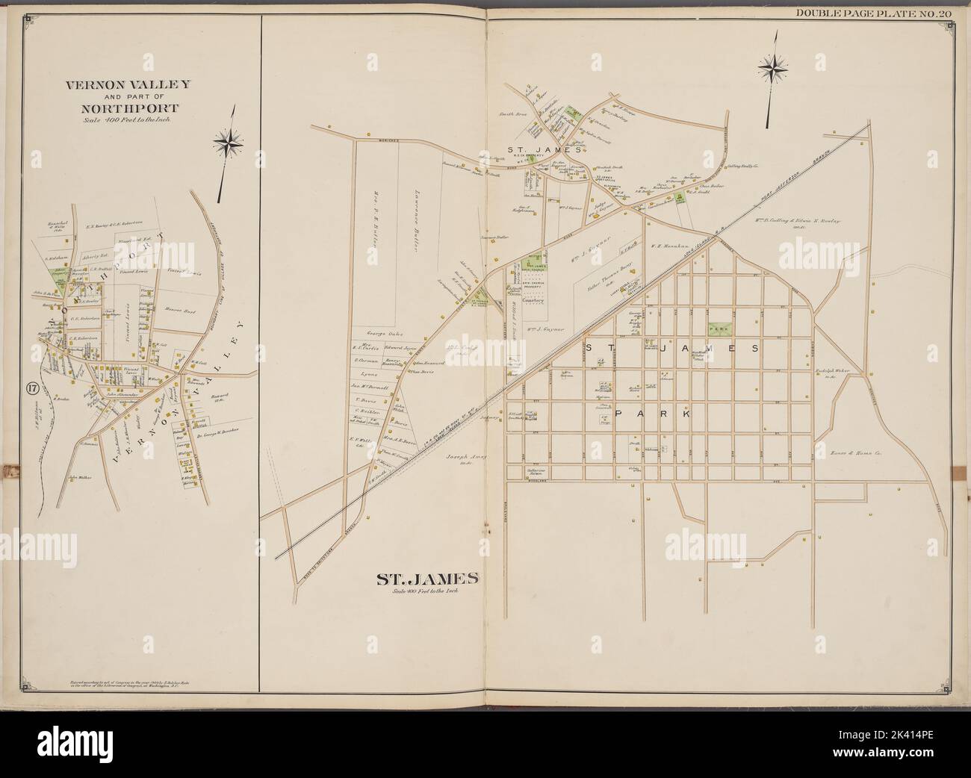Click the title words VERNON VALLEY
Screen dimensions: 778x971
click(x=128, y=84)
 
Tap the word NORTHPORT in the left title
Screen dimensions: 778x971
click(x=128, y=108)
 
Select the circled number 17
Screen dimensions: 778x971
click(x=31, y=388)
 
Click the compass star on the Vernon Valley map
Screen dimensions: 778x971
click(x=227, y=140)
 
